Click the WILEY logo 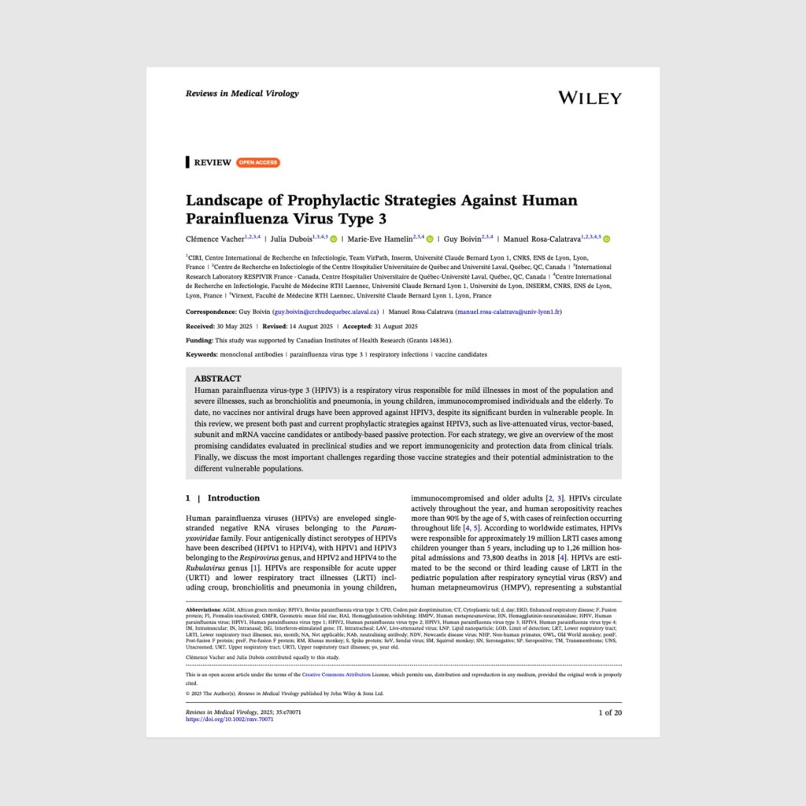pyautogui.click(x=590, y=98)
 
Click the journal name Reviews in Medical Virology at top pyautogui.click(x=242, y=93)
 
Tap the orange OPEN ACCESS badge pyautogui.click(x=257, y=163)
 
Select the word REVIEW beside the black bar pyautogui.click(x=213, y=163)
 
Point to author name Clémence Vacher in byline pyautogui.click(x=215, y=239)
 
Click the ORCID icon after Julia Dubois pyautogui.click(x=334, y=239)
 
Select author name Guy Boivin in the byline pyautogui.click(x=462, y=239)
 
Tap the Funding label pyautogui.click(x=199, y=340)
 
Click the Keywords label pyautogui.click(x=201, y=354)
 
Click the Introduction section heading pyautogui.click(x=233, y=498)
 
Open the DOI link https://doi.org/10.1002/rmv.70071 pyautogui.click(x=229, y=719)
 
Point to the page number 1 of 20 pyautogui.click(x=609, y=712)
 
